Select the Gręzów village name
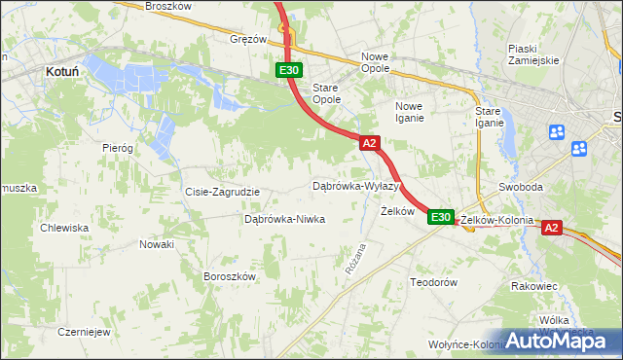pos(247,39)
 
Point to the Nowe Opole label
pos(375,62)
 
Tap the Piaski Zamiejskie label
pos(533,54)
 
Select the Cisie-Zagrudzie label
pos(222,192)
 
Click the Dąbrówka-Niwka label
pos(284,219)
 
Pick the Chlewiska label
pos(64,228)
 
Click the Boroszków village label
pos(229,276)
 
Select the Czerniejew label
pos(82,331)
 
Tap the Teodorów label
pos(433,281)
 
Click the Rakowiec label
pos(533,286)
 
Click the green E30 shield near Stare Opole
pos(288,70)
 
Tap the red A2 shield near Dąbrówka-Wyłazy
pos(369,143)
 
